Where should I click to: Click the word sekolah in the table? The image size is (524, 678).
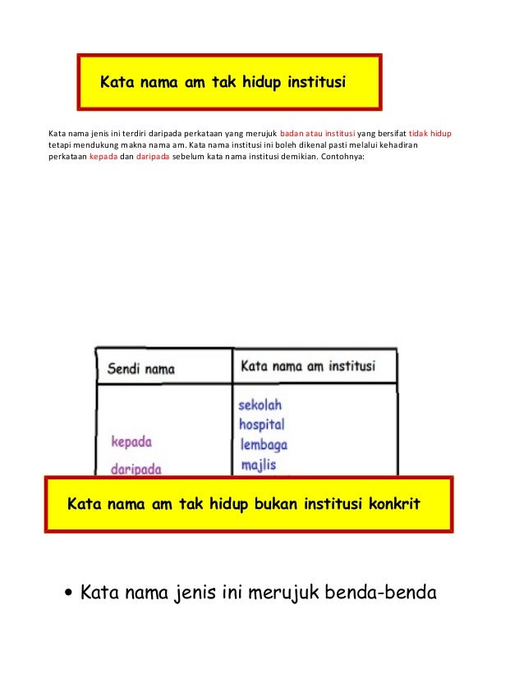[260, 405]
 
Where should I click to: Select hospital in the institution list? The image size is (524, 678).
[261, 424]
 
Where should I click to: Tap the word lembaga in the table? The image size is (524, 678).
[263, 445]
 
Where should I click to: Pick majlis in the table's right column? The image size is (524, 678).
[259, 465]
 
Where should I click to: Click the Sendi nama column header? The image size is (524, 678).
[141, 369]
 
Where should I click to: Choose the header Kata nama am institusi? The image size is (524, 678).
[307, 367]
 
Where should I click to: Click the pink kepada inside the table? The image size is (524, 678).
[131, 442]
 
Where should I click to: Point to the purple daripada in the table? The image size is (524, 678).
[136, 469]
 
